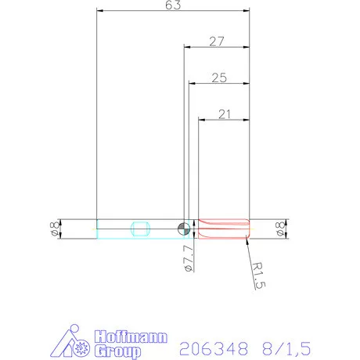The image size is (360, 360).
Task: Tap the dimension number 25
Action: (x=219, y=77)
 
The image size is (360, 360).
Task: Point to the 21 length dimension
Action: (x=225, y=114)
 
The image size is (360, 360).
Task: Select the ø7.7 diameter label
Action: (x=188, y=257)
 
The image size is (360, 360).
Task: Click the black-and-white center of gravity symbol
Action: (x=183, y=229)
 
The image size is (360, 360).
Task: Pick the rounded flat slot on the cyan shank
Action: (x=141, y=229)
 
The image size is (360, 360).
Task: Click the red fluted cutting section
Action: (x=224, y=229)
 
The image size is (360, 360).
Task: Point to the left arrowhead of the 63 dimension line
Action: (x=99, y=12)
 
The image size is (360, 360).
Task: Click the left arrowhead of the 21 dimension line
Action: (x=201, y=120)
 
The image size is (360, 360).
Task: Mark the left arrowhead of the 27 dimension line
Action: (x=186, y=46)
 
